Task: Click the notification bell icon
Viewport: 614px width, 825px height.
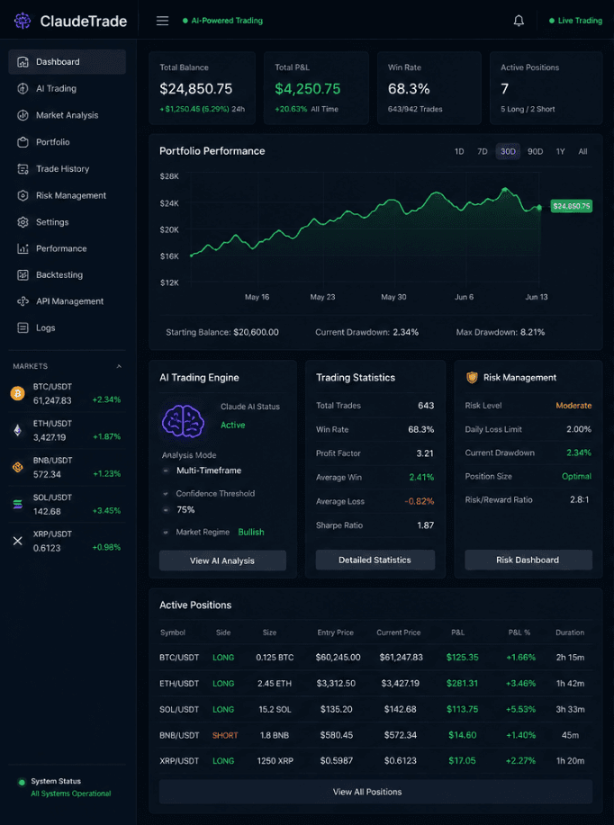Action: pos(519,21)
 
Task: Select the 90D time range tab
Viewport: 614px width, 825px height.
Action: pos(535,151)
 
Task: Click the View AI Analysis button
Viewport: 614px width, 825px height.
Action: pos(222,560)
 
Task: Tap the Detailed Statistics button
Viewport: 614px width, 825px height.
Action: pos(375,560)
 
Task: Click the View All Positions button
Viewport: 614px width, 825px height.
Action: pos(367,792)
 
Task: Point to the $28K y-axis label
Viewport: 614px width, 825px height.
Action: pos(169,176)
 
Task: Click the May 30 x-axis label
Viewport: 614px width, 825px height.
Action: pos(393,297)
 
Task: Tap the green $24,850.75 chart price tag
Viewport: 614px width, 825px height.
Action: pos(572,206)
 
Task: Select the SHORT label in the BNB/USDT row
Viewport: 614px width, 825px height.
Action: pos(225,735)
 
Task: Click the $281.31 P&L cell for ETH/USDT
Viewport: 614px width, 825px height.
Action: pos(462,684)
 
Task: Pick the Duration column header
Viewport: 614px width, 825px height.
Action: pos(570,632)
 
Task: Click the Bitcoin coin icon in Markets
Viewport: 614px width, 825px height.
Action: pos(18,393)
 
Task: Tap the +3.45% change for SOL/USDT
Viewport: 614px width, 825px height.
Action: pos(106,510)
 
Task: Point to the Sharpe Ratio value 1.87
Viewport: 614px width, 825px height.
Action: pos(426,525)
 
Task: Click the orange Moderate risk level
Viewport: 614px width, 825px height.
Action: pos(573,406)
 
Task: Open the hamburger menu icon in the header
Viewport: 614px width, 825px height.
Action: pos(162,21)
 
